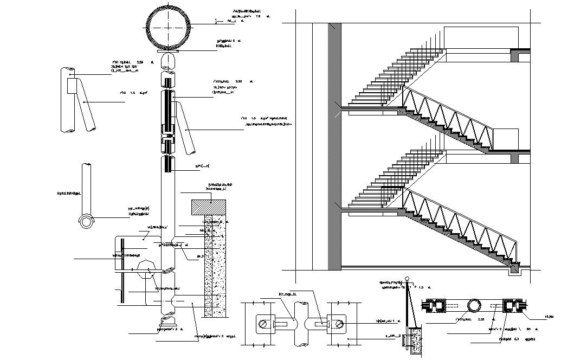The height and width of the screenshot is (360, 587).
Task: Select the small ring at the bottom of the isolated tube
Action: (x=86, y=221)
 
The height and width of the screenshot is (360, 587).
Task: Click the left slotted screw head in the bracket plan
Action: (x=263, y=325)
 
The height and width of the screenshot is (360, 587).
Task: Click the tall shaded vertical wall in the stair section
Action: (x=334, y=146)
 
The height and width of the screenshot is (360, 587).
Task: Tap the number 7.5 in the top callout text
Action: (x=258, y=17)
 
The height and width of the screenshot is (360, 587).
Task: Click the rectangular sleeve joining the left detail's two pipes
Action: (x=72, y=85)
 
